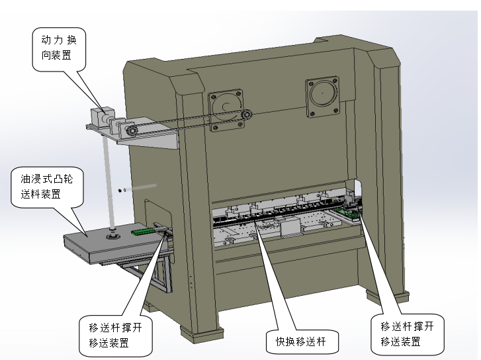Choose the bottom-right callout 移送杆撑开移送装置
407,334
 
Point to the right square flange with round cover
322,97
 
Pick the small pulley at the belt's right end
246,116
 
